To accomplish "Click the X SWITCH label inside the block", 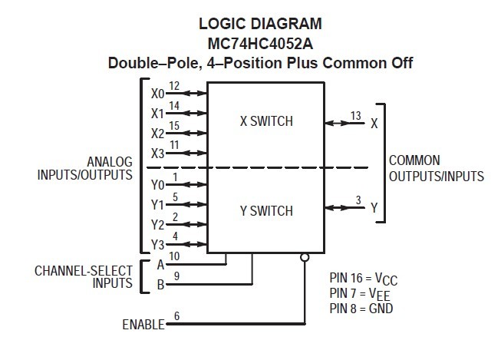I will point(266,121).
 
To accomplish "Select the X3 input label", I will point(157,153).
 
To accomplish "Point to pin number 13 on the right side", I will point(355,116).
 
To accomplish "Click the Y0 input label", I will point(157,185).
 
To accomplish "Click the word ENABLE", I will point(143,325).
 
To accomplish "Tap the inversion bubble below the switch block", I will point(305,257).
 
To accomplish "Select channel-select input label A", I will point(160,265).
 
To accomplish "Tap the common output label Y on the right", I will point(374,207).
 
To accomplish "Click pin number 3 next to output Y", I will point(358,201).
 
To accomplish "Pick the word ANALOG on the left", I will point(110,162).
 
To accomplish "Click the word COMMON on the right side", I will point(414,160).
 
